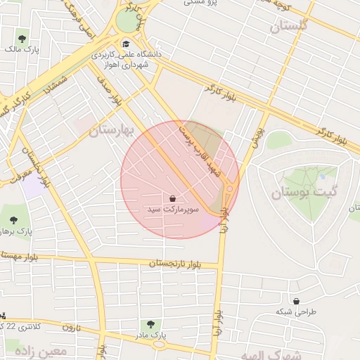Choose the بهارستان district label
[113, 130]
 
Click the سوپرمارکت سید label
[173, 210]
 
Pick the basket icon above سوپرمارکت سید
[173, 198]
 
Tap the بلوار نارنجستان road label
[174, 264]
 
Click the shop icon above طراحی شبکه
[295, 300]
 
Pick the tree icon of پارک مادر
[149, 324]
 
